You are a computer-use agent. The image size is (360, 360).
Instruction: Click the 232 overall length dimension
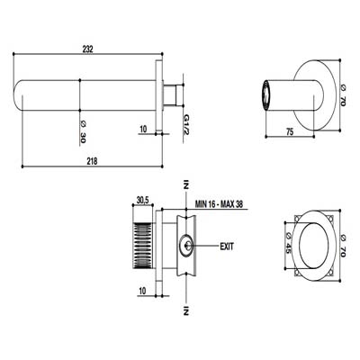pyautogui.click(x=87, y=49)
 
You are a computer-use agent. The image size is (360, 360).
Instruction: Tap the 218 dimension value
pyautogui.click(x=92, y=161)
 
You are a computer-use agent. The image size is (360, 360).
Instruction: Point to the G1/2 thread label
pyautogui.click(x=186, y=124)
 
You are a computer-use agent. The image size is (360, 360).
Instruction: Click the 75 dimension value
pyautogui.click(x=290, y=131)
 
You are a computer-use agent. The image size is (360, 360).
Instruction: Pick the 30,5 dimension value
pyautogui.click(x=143, y=200)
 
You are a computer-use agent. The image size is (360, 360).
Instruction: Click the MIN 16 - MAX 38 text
pyautogui.click(x=219, y=204)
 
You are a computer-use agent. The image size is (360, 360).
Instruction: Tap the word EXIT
pyautogui.click(x=227, y=247)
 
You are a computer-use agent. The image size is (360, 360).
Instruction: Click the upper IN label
pyautogui.click(x=186, y=184)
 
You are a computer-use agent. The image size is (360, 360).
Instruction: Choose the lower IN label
pyautogui.click(x=186, y=310)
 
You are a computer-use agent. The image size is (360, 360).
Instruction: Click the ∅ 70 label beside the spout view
pyautogui.click(x=343, y=95)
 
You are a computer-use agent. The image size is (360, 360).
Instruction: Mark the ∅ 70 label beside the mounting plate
pyautogui.click(x=343, y=246)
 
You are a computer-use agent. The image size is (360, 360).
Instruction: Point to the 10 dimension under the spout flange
pyautogui.click(x=143, y=130)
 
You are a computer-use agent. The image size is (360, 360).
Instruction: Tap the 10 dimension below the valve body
pyautogui.click(x=142, y=291)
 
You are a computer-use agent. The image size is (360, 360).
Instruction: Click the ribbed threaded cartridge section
pyautogui.click(x=142, y=245)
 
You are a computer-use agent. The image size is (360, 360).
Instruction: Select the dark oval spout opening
pyautogui.click(x=265, y=95)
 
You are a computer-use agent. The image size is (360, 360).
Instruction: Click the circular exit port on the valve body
pyautogui.click(x=186, y=246)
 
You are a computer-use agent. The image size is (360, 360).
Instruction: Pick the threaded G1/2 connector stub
pyautogui.click(x=173, y=94)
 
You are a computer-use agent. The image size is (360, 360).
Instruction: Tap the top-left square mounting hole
pyautogui.click(x=297, y=218)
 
